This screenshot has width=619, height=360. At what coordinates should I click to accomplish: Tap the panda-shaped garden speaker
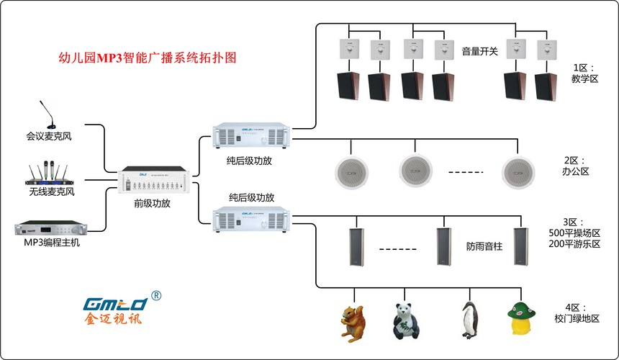click(406, 319)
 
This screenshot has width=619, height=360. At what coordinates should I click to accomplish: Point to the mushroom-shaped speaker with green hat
click(523, 318)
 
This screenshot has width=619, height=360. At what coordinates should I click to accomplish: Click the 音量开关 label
click(479, 51)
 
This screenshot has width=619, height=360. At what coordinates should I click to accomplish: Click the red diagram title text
click(146, 58)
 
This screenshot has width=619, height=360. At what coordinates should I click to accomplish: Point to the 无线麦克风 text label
click(52, 193)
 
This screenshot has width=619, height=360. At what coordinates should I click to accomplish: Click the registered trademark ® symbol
click(157, 296)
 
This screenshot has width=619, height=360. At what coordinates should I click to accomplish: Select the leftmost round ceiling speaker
click(351, 170)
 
